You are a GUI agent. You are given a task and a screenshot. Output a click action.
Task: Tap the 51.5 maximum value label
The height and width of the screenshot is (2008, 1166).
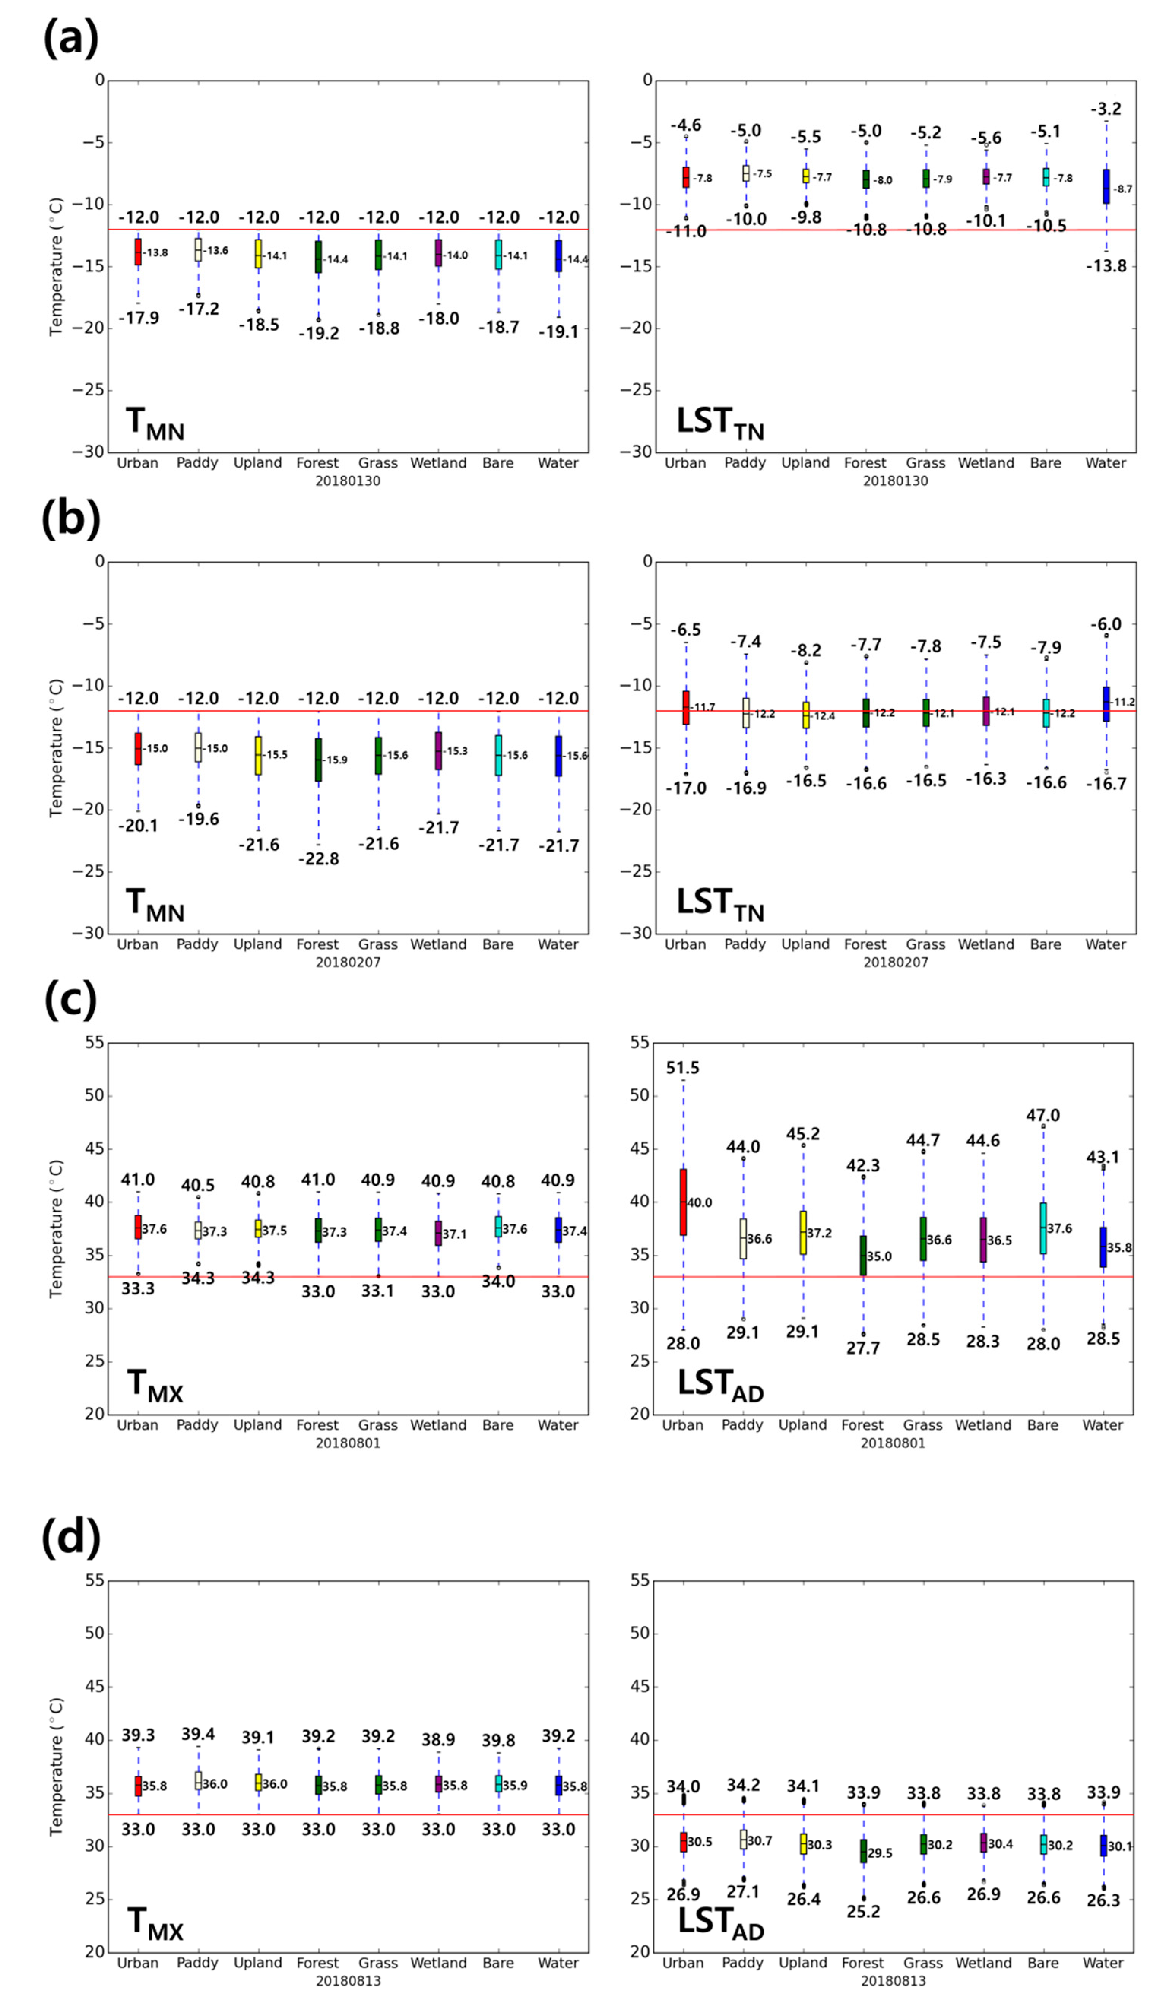pyautogui.click(x=683, y=1068)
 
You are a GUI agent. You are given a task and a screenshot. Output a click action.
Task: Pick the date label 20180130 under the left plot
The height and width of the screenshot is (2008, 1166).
pyautogui.click(x=348, y=481)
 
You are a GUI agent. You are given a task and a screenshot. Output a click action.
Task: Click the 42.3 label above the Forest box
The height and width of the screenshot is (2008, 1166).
pyautogui.click(x=863, y=1166)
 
